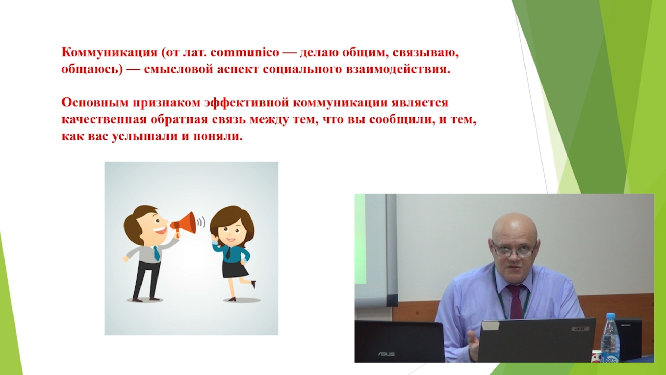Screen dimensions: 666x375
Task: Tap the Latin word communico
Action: click(x=245, y=52)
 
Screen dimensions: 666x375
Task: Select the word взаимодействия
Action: click(x=398, y=69)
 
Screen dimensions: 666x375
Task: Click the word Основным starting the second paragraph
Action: click(x=96, y=103)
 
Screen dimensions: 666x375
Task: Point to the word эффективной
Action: click(x=247, y=103)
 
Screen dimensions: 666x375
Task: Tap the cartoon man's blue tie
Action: click(x=156, y=253)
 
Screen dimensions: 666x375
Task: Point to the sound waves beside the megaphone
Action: click(x=201, y=222)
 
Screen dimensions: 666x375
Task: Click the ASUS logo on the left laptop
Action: click(x=386, y=354)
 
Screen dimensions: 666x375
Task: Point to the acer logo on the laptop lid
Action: click(x=578, y=328)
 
